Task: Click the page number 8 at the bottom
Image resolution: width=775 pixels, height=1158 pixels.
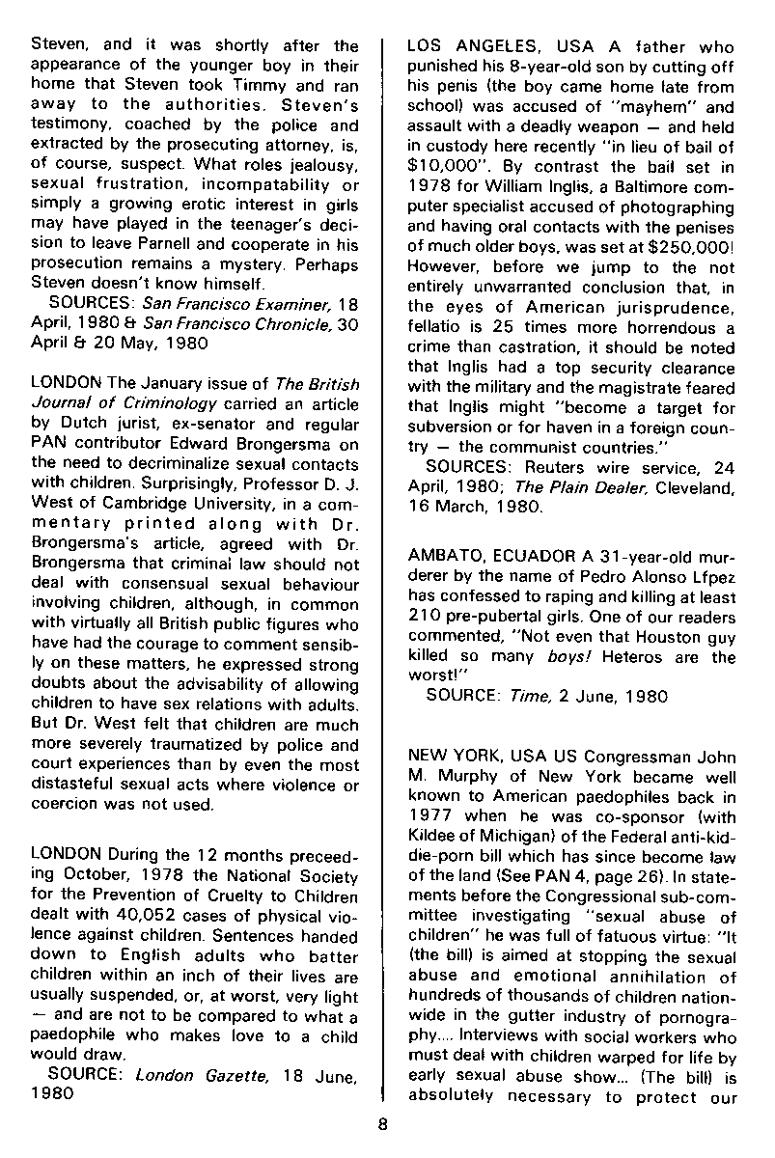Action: (383, 1122)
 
